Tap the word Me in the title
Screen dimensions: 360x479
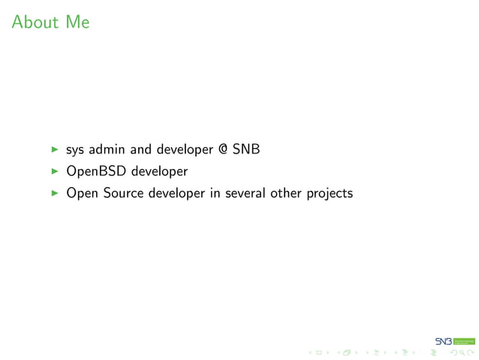77,22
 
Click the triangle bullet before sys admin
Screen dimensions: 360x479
54,150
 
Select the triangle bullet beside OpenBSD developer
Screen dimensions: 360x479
54,171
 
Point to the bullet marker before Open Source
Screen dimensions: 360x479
54,193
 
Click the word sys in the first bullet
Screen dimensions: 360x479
75,150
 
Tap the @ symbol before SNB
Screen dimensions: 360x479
222,150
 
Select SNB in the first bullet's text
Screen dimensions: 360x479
246,150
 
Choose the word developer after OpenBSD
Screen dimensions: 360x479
159,171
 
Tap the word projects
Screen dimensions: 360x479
330,194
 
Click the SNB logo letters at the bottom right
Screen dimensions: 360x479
443,341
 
